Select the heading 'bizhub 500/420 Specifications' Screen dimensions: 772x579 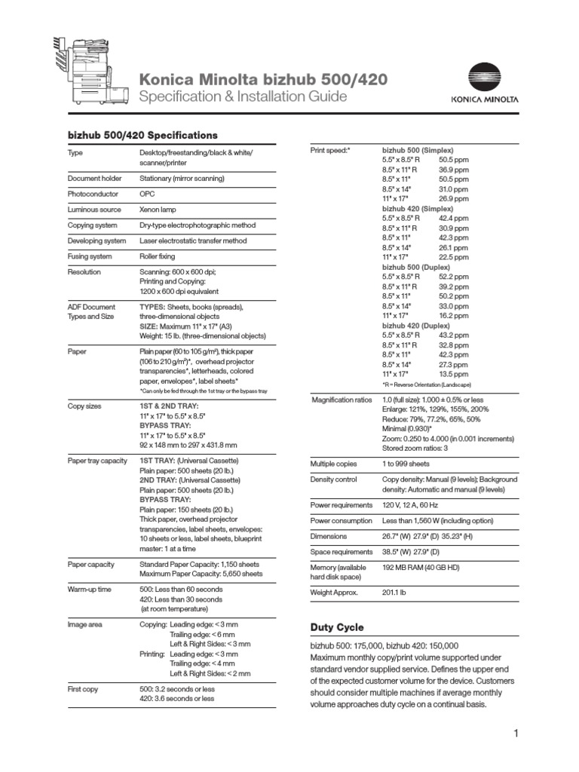tap(142, 135)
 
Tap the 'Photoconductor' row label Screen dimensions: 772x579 tap(90, 194)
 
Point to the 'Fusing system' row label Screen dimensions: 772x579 tap(89, 256)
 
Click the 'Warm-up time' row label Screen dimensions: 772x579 tap(90, 588)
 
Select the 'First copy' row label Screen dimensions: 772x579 tap(84, 688)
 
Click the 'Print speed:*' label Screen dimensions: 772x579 tap(330, 151)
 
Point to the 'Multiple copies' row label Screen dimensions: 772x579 tap(334, 464)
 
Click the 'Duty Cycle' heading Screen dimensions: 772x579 tap(337, 627)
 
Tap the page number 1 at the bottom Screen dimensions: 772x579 tap(516, 734)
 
